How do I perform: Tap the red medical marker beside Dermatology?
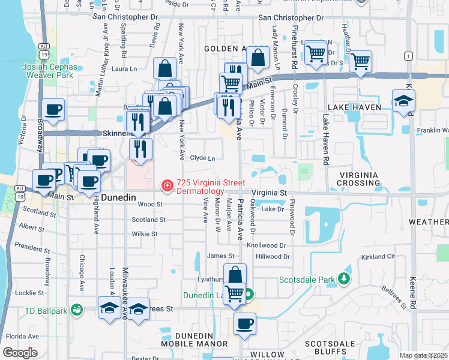[167, 187]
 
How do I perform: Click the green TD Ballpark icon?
[76, 310]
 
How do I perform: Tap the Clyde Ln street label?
[202, 158]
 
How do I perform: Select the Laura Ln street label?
[125, 69]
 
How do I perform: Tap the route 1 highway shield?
[409, 56]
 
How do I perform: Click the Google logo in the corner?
[20, 353]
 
